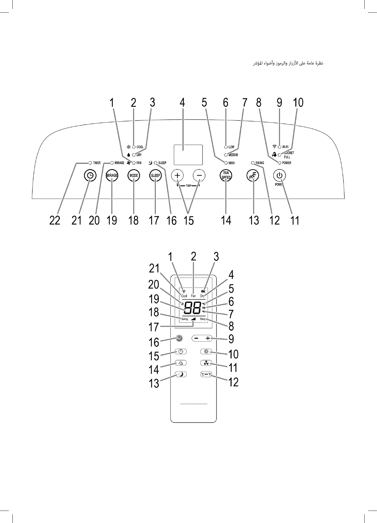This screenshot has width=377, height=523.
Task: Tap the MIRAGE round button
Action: coord(112,175)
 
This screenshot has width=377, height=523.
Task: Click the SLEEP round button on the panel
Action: coord(155,175)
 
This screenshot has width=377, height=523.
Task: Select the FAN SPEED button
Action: coord(226,175)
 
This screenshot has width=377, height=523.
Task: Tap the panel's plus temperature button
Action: coord(177,175)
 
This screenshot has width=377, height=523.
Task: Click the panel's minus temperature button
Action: coord(199,175)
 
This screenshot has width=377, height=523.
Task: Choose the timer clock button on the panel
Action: coord(90,175)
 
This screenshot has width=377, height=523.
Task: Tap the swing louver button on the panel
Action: coord(253,176)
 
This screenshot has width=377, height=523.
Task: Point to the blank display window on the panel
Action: coord(188,155)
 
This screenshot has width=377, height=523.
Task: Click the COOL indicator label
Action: coord(140,147)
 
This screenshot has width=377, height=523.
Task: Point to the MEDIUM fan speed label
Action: coord(233,155)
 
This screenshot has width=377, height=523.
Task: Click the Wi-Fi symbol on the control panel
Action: coord(274,146)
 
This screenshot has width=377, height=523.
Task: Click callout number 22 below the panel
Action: coord(55,220)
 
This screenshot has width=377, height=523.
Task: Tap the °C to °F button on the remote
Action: coord(206,374)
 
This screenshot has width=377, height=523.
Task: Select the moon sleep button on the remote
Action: coord(181,374)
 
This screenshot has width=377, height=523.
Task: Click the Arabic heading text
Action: coord(288,63)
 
